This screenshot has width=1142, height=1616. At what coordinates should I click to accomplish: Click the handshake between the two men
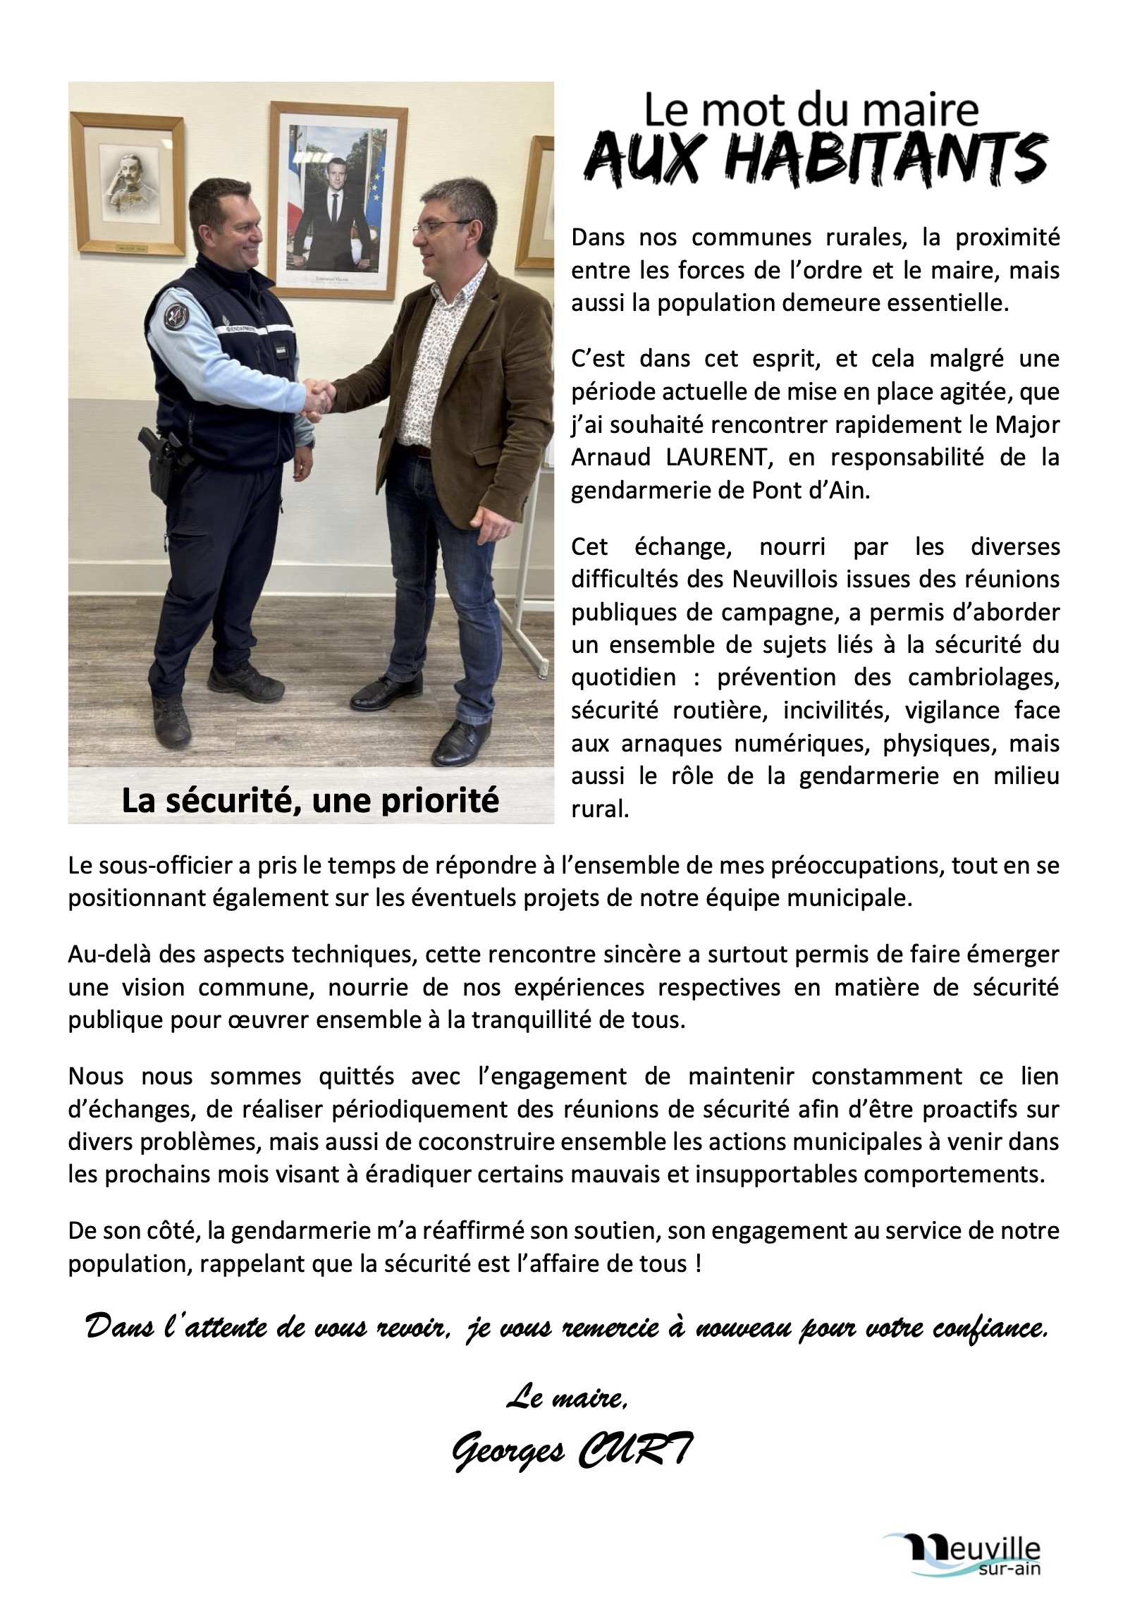(319, 397)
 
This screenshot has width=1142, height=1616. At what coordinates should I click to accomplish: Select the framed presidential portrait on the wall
(338, 195)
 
